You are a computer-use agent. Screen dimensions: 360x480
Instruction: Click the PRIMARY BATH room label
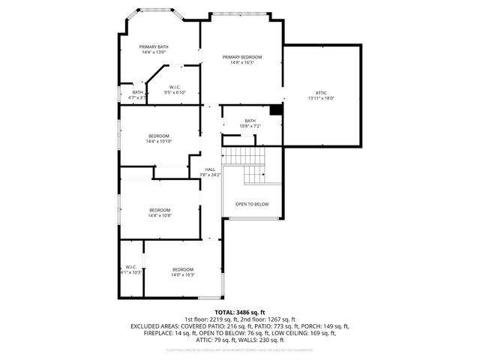click(x=154, y=46)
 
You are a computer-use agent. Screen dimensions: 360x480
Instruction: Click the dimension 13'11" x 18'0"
click(x=321, y=98)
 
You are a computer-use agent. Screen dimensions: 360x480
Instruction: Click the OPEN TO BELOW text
click(x=252, y=204)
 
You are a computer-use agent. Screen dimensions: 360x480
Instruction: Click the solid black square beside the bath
click(x=275, y=110)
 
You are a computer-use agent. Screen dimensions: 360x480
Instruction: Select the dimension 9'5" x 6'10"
click(x=175, y=92)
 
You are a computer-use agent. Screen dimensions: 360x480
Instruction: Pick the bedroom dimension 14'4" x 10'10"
click(x=159, y=141)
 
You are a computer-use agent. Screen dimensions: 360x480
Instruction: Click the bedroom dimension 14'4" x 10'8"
click(x=160, y=215)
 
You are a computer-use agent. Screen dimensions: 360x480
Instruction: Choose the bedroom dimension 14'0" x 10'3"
click(x=183, y=275)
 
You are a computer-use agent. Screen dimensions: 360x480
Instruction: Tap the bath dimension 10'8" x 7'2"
click(x=250, y=126)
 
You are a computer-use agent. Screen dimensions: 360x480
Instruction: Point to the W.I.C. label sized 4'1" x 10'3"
click(x=130, y=267)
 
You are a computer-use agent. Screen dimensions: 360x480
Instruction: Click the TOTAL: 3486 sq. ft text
click(x=240, y=312)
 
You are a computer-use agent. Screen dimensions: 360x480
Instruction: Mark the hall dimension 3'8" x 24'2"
click(x=210, y=175)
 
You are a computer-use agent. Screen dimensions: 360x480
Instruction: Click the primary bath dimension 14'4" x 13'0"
click(x=154, y=52)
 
